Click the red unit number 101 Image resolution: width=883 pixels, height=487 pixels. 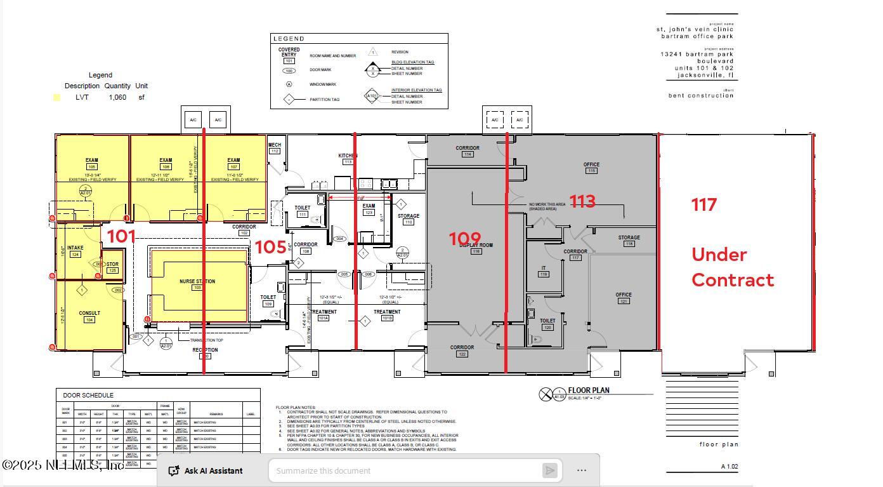121,237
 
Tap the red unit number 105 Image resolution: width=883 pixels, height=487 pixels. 270,247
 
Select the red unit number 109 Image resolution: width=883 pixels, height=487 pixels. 465,239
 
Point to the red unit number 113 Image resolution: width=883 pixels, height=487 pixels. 582,202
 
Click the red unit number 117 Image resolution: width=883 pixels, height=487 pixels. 703,204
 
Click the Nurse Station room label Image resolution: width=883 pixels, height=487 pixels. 197,281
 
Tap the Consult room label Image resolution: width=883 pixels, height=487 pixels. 89,313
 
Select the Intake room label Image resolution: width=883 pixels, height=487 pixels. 75,248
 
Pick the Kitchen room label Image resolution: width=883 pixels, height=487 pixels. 348,156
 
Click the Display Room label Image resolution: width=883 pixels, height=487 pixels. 476,245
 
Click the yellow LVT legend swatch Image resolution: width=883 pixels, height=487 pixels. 56,97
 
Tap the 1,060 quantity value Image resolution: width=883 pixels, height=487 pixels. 117,97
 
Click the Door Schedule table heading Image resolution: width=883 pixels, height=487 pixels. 88,395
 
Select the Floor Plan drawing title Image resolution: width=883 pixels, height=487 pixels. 589,390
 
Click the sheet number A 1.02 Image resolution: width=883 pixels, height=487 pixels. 729,467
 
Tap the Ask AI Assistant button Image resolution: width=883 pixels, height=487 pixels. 206,470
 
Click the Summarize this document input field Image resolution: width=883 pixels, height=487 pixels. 406,470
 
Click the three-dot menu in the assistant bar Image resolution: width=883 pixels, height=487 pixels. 582,470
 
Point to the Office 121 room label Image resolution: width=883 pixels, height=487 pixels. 623,295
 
